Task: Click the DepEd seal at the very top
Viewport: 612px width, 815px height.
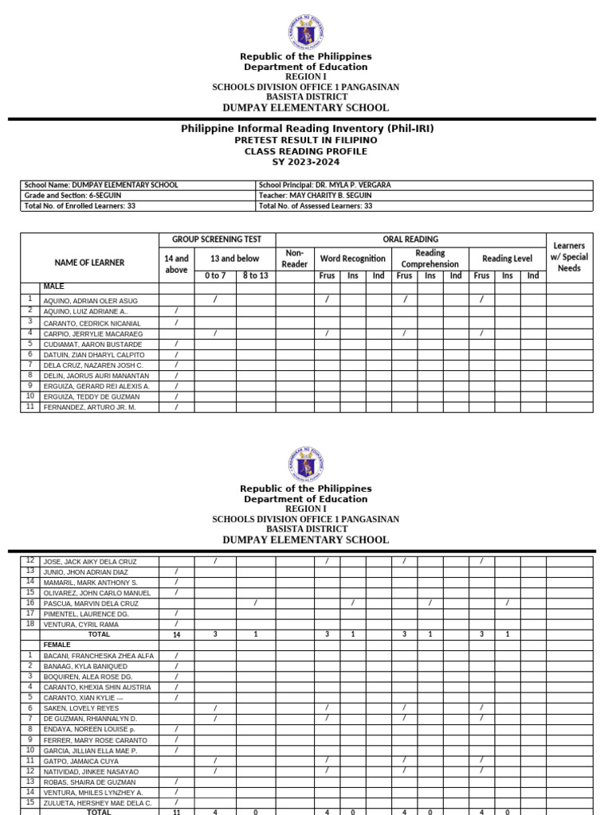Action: point(306,33)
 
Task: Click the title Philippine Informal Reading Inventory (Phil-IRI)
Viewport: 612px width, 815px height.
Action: point(307,129)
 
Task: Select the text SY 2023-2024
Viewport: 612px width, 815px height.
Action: point(306,162)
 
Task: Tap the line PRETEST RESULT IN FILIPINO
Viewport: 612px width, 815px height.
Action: point(306,140)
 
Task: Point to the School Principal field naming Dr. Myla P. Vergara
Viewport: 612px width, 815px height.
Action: point(325,185)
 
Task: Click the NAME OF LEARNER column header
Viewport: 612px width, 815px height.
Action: point(89,263)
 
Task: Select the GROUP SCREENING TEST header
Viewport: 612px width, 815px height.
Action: point(217,240)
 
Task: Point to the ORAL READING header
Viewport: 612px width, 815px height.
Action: point(410,240)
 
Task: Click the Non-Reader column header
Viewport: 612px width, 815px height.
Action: point(295,258)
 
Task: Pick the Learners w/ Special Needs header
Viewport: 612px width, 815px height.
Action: point(569,257)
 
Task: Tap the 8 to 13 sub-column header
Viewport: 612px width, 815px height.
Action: point(256,275)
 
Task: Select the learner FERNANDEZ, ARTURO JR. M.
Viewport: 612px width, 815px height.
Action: point(89,407)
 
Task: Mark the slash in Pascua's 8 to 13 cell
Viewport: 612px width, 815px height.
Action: point(255,603)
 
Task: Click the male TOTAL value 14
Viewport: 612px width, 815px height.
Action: point(176,634)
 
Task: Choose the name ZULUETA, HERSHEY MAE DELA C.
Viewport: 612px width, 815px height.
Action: point(96,803)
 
